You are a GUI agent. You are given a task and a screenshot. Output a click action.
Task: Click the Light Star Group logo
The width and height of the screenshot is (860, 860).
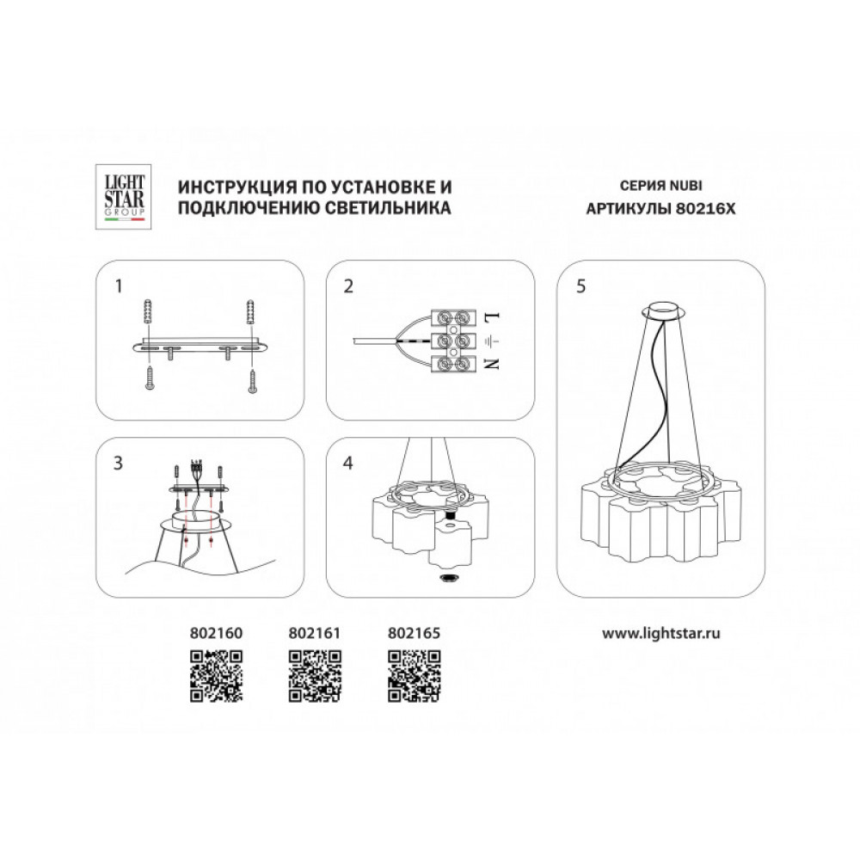tap(124, 197)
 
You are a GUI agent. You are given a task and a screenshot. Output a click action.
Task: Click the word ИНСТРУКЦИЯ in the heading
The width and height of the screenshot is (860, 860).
tap(237, 187)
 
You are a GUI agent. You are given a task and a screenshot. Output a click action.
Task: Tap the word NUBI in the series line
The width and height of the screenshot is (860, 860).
tap(685, 186)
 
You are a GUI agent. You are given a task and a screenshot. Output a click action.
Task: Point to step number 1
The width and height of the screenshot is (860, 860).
tap(119, 286)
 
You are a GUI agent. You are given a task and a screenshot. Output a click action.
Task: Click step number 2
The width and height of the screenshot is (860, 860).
tap(348, 286)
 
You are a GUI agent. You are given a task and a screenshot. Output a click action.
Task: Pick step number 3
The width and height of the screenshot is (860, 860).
tap(118, 464)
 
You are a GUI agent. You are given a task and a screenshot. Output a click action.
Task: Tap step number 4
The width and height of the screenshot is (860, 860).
tap(347, 464)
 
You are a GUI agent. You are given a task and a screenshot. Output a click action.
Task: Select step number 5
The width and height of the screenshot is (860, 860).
tap(580, 286)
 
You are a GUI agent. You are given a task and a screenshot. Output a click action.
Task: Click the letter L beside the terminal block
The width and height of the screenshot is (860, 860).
tap(492, 317)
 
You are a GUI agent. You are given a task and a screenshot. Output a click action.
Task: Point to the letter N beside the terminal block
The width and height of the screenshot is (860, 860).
tap(492, 363)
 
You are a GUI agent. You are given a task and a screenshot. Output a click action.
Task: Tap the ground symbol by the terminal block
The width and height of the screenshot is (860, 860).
tap(491, 341)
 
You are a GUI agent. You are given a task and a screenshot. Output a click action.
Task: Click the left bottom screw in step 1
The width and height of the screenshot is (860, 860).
tap(150, 379)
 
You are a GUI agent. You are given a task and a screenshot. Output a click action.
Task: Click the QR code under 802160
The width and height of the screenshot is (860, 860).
tap(216, 676)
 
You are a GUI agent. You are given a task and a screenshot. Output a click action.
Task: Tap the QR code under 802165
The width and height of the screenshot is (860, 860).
tap(415, 676)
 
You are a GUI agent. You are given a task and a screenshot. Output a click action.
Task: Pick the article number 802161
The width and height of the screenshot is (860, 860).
tap(314, 633)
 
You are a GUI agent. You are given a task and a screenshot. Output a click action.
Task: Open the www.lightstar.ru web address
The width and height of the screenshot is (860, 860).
tap(660, 634)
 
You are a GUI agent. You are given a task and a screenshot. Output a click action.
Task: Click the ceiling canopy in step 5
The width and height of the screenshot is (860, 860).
tap(664, 310)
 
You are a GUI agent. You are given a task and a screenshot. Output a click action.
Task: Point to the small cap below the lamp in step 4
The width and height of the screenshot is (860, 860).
tap(450, 578)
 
